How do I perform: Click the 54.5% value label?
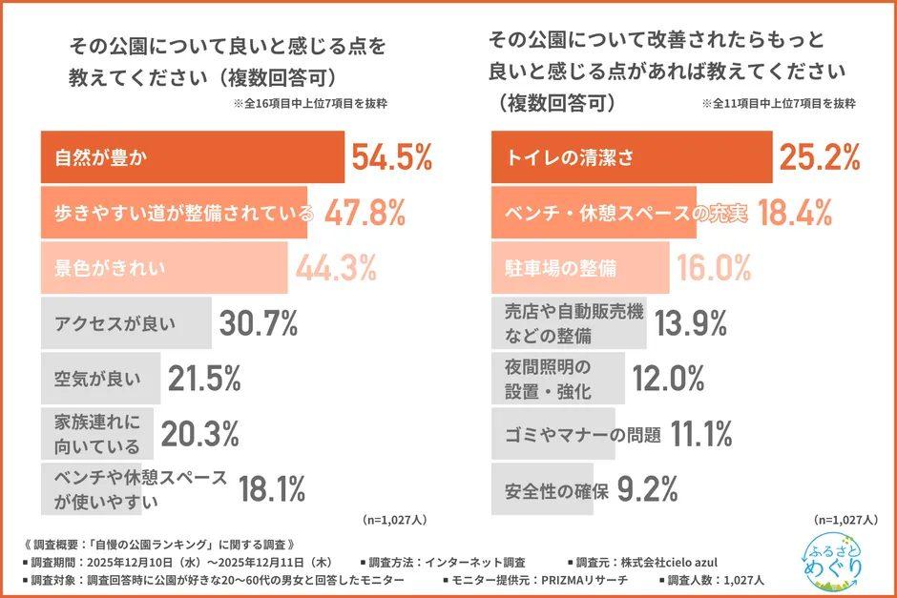pos(392,157)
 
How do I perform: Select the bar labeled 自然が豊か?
pos(191,157)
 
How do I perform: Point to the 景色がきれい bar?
pos(162,268)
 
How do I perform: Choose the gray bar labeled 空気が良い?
pos(99,380)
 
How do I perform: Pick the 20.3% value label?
pos(199,435)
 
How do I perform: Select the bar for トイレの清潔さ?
pos(630,157)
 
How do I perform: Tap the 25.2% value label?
pos(821,157)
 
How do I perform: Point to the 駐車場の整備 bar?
pos(579,268)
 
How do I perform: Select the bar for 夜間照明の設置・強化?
pos(558,380)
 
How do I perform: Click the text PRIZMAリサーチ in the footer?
pos(574,579)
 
